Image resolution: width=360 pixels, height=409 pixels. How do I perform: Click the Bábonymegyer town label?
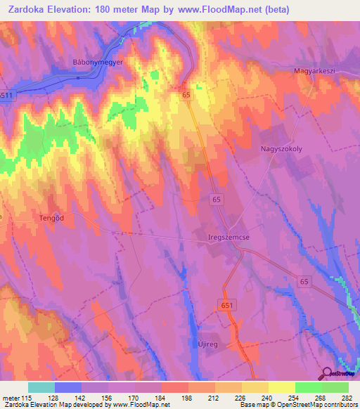(x=98, y=62)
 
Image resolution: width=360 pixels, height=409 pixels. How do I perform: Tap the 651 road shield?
(x=223, y=304)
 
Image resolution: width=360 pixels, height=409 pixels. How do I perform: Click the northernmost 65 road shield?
(x=186, y=94)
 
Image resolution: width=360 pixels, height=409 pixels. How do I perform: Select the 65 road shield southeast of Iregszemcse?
(x=303, y=281)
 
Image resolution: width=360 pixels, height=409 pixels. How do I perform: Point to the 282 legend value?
(x=347, y=398)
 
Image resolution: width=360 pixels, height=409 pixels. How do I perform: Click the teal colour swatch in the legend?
(x=41, y=387)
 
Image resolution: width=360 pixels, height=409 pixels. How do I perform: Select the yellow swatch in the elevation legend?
(x=281, y=387)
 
